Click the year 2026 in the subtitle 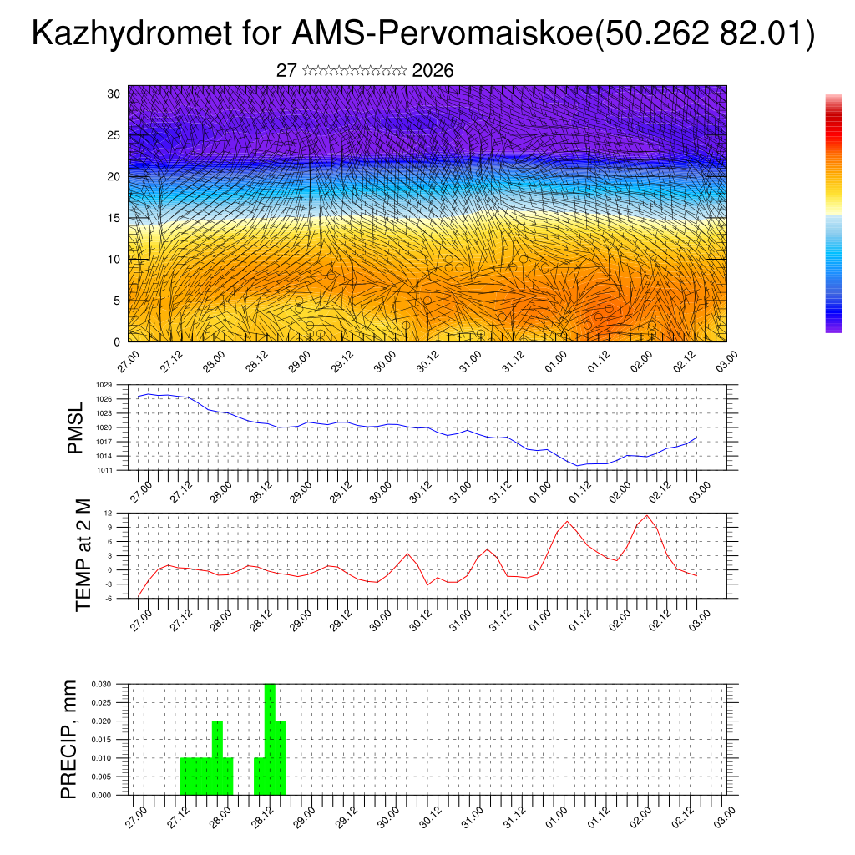tap(433, 71)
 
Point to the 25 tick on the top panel tap(114, 135)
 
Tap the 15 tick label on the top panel tap(114, 218)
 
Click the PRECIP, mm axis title tap(69, 739)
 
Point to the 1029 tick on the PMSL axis tap(104, 385)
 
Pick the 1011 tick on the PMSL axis tap(104, 470)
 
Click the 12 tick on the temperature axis tap(109, 513)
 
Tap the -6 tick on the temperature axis tap(109, 599)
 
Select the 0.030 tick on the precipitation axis tap(101, 684)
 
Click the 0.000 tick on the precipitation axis tap(101, 796)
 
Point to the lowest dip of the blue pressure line tap(578, 465)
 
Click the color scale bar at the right tap(833, 214)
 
